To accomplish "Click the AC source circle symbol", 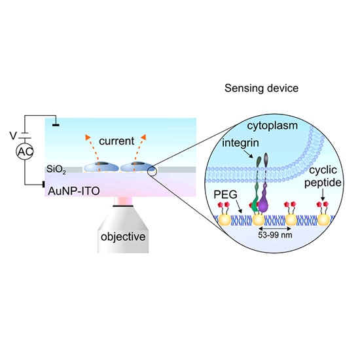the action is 25,152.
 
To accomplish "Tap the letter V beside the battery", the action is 13,135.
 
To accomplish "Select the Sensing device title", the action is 261,88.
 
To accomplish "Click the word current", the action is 117,141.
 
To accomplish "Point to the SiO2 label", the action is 56,170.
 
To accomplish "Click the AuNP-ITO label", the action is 74,191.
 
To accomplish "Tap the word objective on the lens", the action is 123,237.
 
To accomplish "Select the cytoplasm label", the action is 272,126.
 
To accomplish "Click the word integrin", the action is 240,143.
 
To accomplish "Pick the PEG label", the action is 225,194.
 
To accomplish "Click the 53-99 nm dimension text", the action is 275,235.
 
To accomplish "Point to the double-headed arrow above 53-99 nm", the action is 275,228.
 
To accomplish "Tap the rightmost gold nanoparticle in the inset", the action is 324,220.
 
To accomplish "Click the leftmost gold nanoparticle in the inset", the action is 225,220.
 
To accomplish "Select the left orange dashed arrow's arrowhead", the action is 88,137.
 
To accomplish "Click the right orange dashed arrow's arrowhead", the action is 144,137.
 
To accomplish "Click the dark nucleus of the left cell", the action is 103,164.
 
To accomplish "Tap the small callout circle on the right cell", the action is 153,171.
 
